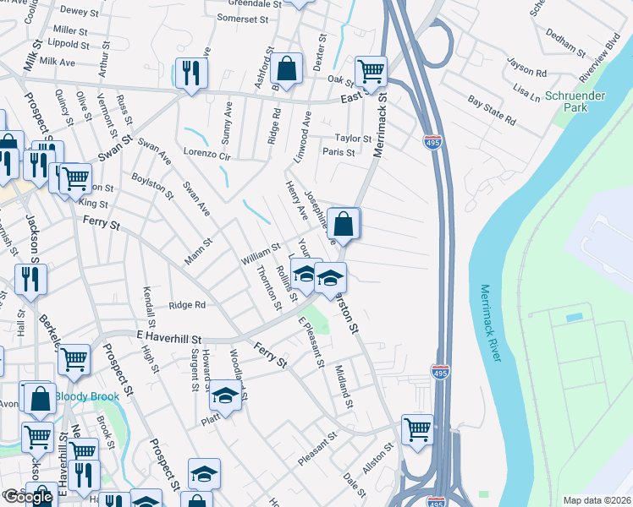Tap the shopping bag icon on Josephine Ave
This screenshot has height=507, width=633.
point(344,224)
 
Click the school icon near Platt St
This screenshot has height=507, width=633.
point(225,395)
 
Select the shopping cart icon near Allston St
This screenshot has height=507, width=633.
point(417,428)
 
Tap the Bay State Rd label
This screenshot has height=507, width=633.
point(492,110)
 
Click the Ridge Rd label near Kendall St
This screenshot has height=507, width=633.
point(187,305)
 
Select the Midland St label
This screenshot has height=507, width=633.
point(343,386)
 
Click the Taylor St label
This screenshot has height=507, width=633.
point(353,138)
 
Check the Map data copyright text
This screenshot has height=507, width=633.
point(596,500)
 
